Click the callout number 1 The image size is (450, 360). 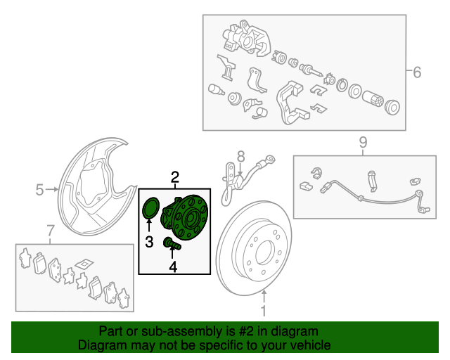pos(264,311)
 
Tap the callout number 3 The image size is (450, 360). pos(150,243)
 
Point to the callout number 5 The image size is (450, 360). pos(40,188)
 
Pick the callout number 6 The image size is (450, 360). pos(416,72)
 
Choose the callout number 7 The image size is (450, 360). pos(50,231)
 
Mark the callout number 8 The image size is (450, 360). pos(240,156)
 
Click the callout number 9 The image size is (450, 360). pos(363,143)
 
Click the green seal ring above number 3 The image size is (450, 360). pos(150,209)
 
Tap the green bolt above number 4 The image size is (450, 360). pos(172,244)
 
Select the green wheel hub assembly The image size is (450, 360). pos(188,217)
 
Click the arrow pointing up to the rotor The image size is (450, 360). pos(264,295)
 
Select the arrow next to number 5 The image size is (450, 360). pos(53,188)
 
